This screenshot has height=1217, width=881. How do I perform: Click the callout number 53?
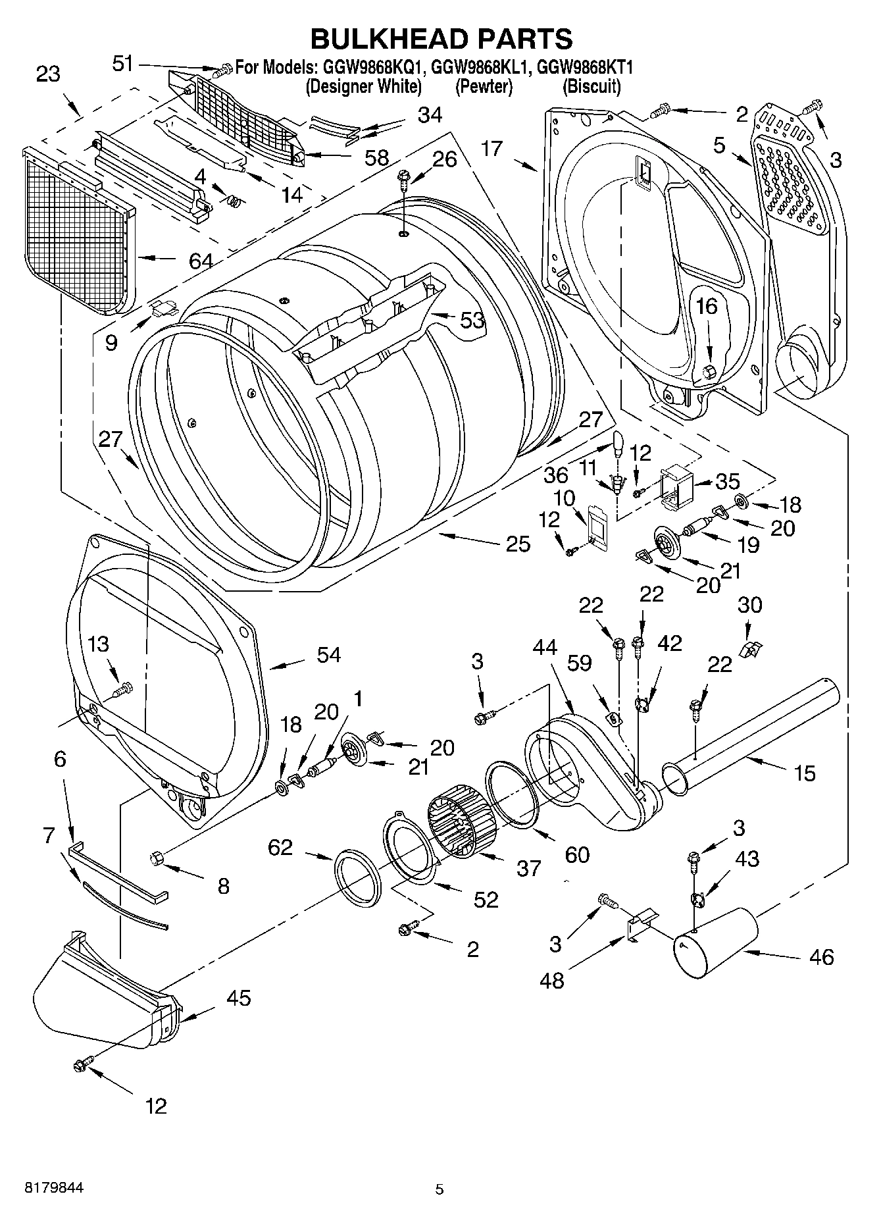coord(472,321)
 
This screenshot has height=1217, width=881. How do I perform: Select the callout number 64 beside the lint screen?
coord(201,261)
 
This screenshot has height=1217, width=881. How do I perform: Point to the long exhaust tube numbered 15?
coord(757,731)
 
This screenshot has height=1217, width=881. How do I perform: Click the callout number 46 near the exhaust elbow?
coord(821,956)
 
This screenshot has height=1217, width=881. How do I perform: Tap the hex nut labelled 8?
coord(157,857)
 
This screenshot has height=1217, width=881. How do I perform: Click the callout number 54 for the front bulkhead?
coord(328,655)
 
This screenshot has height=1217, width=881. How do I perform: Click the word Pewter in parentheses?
coord(484,86)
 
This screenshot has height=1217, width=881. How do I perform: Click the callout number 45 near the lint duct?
coord(238,998)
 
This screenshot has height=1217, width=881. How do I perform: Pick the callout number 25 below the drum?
coord(518,544)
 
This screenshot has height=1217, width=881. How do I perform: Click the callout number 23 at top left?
coord(48,74)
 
